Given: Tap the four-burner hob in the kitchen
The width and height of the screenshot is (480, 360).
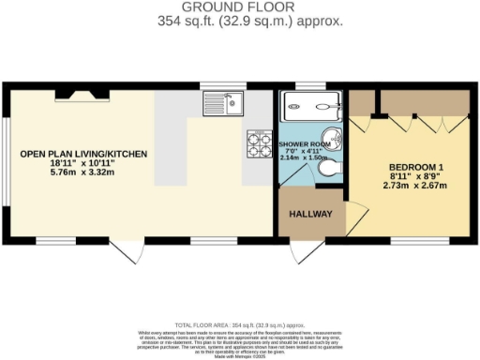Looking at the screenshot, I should (257, 143).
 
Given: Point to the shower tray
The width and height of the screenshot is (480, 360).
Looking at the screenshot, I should (306, 104).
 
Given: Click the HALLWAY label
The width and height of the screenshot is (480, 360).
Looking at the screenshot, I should (311, 215).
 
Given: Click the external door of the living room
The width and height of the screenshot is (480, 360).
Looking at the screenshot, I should (129, 248).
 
